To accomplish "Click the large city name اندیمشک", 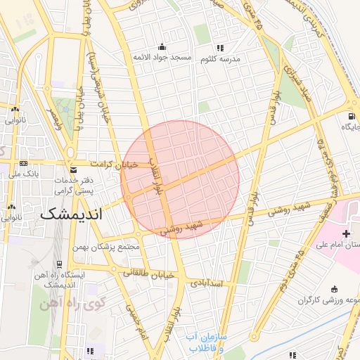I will click(70, 214).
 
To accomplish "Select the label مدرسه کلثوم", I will click(221, 59).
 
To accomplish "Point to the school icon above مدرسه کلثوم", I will click(220, 49).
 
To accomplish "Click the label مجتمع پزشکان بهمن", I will click(108, 247).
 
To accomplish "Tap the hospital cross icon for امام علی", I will click(345, 233).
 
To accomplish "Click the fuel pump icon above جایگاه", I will click(349, 116).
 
